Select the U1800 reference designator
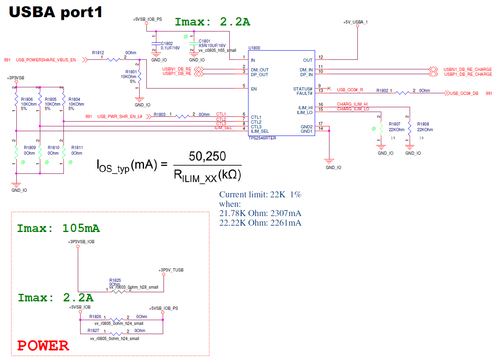[254, 48]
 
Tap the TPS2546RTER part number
[262, 138]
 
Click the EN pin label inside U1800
[254, 89]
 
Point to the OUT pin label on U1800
[308, 60]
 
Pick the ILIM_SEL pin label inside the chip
[259, 131]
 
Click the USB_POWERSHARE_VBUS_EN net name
[46, 60]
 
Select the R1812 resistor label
[98, 52]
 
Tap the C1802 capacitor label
[167, 43]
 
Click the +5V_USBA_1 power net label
[355, 22]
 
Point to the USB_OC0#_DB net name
[464, 93]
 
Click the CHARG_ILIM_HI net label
[352, 104]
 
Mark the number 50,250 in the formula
[207, 156]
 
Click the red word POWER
[43, 346]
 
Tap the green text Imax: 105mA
[58, 228]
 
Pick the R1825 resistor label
[115, 280]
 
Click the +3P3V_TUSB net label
[171, 270]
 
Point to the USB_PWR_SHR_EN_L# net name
[120, 116]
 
